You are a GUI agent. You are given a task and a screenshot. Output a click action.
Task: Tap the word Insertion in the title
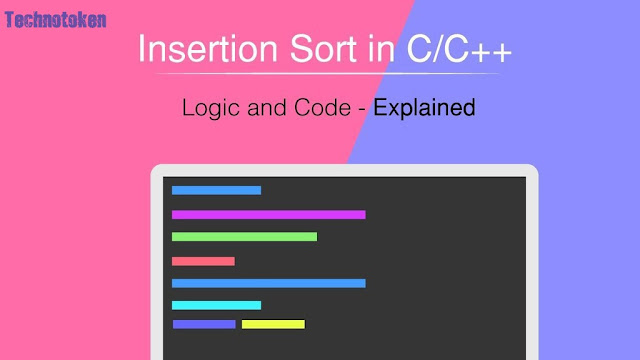pos(199,49)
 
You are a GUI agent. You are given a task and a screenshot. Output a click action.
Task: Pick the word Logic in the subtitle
pos(207,107)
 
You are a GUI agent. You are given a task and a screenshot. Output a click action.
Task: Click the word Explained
pos(424,107)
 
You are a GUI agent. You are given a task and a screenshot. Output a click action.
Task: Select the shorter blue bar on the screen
pos(216,190)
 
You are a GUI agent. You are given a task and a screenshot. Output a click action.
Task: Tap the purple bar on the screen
pos(268,214)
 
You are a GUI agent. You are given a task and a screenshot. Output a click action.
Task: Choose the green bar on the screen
pos(244,237)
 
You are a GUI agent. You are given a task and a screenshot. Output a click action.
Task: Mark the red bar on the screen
pos(203,261)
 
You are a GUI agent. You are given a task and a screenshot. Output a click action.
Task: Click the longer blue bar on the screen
pos(268,283)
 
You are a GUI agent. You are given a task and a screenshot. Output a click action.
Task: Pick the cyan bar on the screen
pos(216,305)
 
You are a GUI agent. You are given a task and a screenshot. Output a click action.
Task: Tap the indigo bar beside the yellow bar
pos(204,324)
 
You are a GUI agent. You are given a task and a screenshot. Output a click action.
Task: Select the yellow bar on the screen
pos(273,324)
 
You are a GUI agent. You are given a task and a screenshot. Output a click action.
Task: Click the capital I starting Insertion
pos(140,49)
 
